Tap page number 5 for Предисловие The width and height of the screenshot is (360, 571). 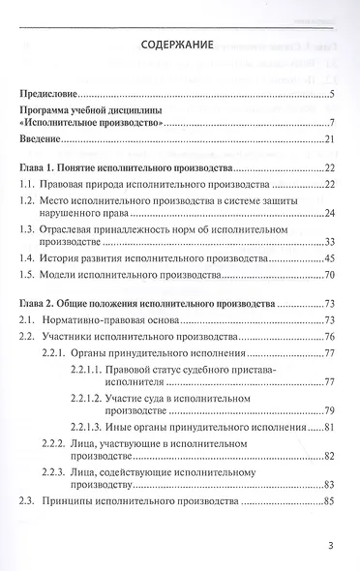[x=331, y=93]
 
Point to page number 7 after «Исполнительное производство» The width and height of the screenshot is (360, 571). [x=331, y=122]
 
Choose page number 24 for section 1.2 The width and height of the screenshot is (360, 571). [x=328, y=213]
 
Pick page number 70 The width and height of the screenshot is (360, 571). [x=328, y=275]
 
